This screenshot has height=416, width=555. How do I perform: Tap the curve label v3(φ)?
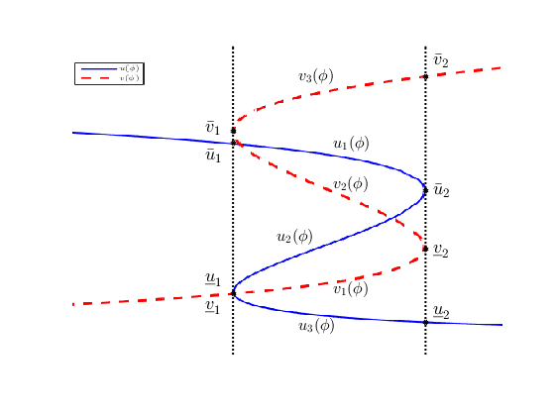pos(315,76)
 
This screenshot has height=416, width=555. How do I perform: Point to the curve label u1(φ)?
pos(351,145)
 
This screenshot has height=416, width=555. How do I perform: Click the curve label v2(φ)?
pos(350,184)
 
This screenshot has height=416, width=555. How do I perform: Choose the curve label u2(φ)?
pos(294,237)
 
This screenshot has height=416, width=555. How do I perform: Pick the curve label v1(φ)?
pos(350,289)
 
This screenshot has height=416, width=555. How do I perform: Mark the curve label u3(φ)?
pos(316,326)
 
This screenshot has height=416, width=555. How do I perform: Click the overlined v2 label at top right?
pos(441,61)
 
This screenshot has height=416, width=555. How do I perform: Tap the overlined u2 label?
pos(441,190)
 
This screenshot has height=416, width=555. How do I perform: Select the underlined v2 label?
pos(441,252)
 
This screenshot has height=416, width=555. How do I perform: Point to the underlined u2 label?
pos(441,314)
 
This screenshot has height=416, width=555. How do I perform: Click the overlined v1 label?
pos(212,128)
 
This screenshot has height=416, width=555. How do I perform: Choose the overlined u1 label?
pos(212,155)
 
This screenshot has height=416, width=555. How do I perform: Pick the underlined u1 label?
pos(212,279)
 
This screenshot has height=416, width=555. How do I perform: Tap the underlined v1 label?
pos(212,307)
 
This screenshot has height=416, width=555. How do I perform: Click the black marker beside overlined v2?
pos(425,76)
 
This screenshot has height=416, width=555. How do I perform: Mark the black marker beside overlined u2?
pos(425,190)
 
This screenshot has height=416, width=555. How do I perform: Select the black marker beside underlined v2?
pos(425,249)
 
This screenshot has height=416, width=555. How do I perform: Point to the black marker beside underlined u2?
pos(425,322)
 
